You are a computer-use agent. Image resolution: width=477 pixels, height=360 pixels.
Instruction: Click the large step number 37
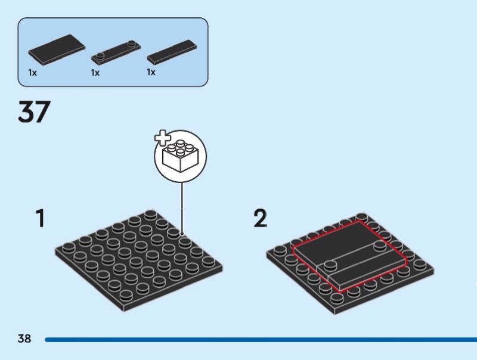point(35,113)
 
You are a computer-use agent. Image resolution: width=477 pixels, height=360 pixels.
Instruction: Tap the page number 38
point(24,339)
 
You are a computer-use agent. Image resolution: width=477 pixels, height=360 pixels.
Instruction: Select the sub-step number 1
point(40,219)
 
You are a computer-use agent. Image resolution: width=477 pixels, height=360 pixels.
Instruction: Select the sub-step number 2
point(260,219)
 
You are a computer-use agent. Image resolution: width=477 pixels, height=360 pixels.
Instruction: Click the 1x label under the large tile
point(32,73)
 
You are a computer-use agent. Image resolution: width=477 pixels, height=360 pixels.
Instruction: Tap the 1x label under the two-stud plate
point(95,73)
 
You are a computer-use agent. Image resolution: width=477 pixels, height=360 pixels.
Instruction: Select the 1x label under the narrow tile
point(151,73)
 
